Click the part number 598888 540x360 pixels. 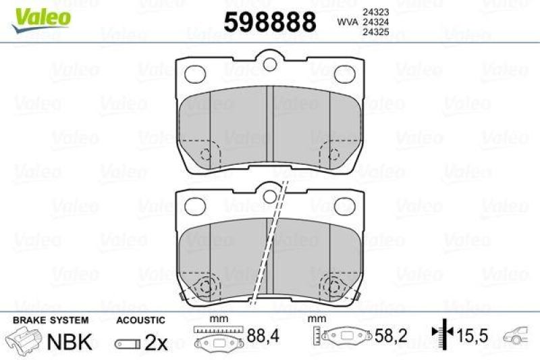point(269,22)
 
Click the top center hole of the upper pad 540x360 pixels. point(270,65)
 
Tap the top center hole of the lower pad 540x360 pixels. point(270,196)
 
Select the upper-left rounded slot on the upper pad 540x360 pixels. point(194,72)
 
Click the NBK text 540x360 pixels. point(69,342)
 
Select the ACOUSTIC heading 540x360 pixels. point(140,319)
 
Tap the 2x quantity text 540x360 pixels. point(156,342)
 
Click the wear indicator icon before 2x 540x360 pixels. point(127,344)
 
